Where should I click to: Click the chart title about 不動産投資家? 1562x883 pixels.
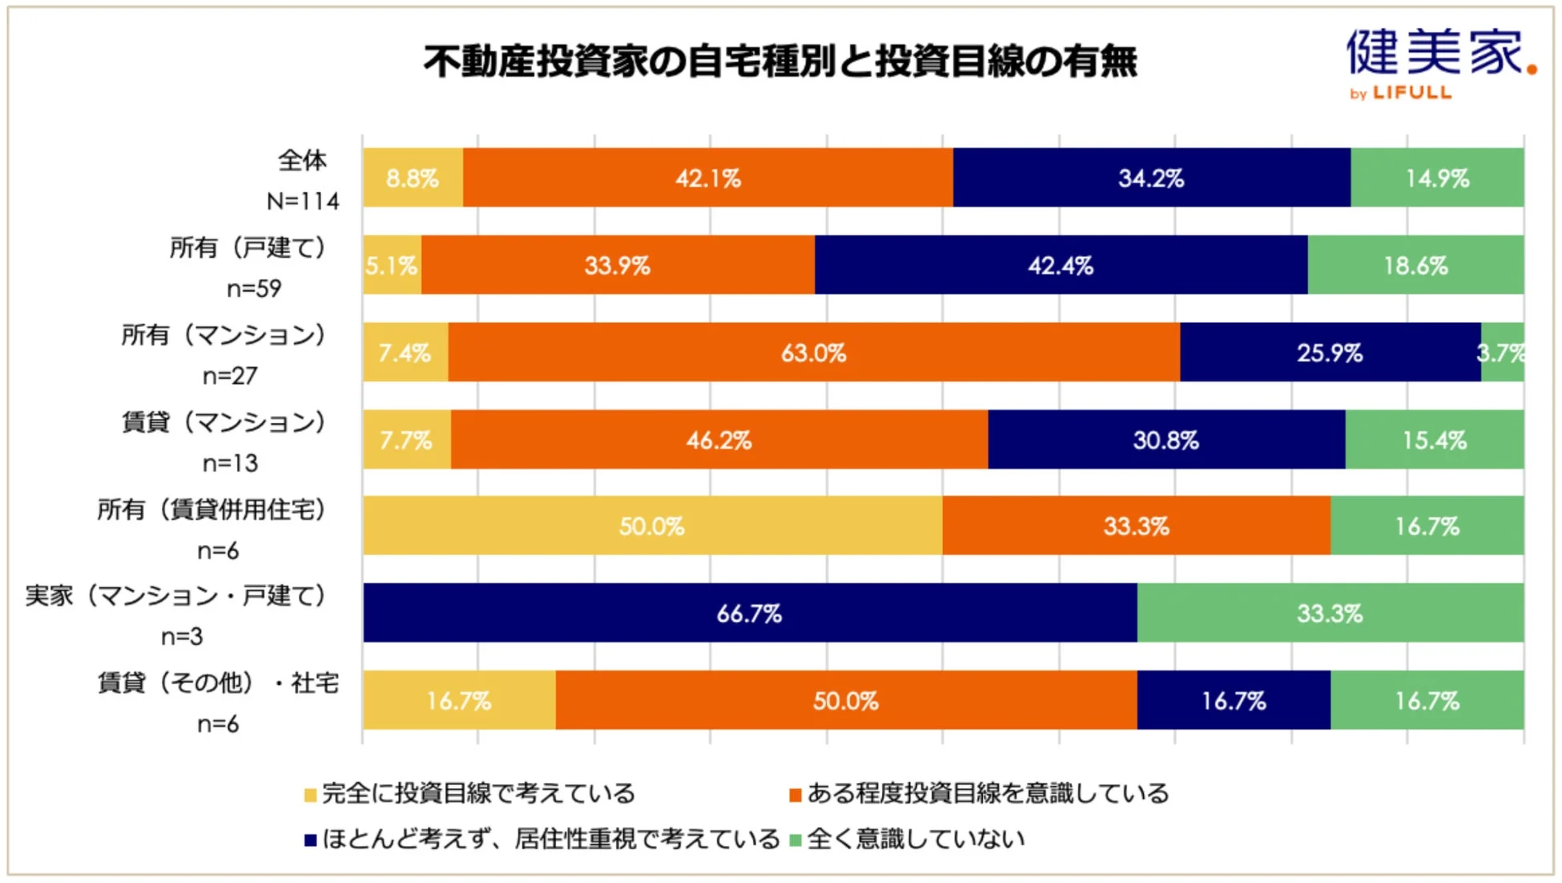[x=780, y=62]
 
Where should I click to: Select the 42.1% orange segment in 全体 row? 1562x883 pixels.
[x=708, y=178]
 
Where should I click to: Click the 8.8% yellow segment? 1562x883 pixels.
[x=413, y=178]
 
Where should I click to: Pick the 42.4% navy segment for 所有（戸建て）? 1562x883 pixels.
[x=1061, y=265]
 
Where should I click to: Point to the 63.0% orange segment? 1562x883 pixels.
[x=813, y=353]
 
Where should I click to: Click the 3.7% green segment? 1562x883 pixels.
[x=1502, y=353]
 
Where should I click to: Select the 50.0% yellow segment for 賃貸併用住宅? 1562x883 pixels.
[x=652, y=526]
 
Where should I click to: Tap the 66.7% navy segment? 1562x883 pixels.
[x=749, y=614]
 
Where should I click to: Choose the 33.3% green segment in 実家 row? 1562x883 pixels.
[x=1330, y=614]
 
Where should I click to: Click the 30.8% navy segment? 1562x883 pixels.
[x=1165, y=440]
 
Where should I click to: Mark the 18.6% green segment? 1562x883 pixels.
[x=1415, y=265]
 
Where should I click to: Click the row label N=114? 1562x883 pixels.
[x=303, y=201]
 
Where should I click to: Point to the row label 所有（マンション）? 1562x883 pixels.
[x=223, y=335]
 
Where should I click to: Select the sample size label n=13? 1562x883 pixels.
[x=230, y=463]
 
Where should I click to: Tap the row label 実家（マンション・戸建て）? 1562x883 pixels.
[x=175, y=596]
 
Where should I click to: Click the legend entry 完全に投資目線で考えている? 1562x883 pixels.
[x=478, y=794]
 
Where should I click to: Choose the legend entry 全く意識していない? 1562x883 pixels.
[x=916, y=839]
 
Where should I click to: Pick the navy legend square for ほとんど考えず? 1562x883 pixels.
[x=311, y=841]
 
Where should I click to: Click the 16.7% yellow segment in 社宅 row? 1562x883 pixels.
[x=458, y=701]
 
